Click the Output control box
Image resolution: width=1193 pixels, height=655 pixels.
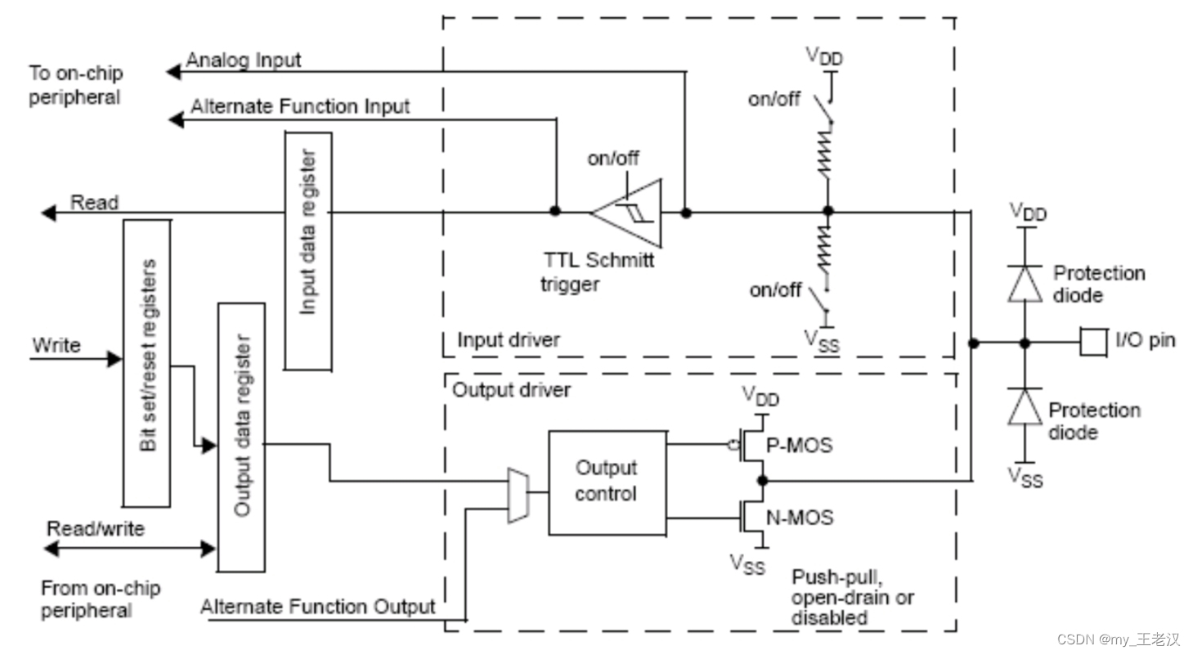pyautogui.click(x=606, y=482)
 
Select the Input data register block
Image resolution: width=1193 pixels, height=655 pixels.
pyautogui.click(x=308, y=250)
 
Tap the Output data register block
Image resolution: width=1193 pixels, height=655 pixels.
pyautogui.click(x=241, y=437)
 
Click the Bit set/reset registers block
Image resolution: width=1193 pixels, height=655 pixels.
pyautogui.click(x=146, y=362)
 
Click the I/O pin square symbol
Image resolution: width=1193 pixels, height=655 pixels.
pyautogui.click(x=1092, y=343)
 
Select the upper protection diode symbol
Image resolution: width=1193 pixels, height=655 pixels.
pyautogui.click(x=1024, y=284)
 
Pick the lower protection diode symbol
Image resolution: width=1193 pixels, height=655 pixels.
pyautogui.click(x=1024, y=406)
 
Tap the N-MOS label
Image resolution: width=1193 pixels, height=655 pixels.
pyautogui.click(x=801, y=517)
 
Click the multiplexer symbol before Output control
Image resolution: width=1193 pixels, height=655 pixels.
pyautogui.click(x=517, y=496)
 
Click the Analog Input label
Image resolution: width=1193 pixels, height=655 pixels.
pyautogui.click(x=244, y=61)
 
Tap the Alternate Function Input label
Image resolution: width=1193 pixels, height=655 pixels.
pyautogui.click(x=300, y=107)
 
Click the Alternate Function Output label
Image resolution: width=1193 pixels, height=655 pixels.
pyautogui.click(x=318, y=607)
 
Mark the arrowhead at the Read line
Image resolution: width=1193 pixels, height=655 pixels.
pyautogui.click(x=49, y=213)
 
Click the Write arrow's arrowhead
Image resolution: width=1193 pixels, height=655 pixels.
pyautogui.click(x=114, y=358)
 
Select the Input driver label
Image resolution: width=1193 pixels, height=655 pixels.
pyautogui.click(x=509, y=339)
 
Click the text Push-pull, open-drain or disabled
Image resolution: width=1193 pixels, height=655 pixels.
pyautogui.click(x=852, y=598)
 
